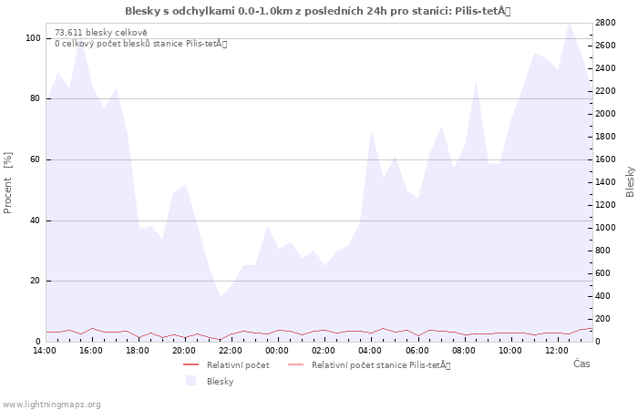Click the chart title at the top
tap(318, 11)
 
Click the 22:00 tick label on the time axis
tap(231, 351)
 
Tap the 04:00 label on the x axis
tap(370, 351)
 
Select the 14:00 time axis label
tap(45, 351)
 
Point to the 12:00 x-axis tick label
tap(556, 351)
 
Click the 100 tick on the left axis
tap(33, 38)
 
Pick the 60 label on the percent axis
tap(36, 159)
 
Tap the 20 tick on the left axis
tap(36, 281)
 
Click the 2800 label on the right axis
tap(605, 23)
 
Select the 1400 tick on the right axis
tap(605, 182)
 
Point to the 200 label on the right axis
tap(602, 319)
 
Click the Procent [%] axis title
tap(7, 182)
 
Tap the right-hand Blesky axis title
tap(630, 182)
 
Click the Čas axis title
tap(581, 364)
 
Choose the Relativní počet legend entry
tap(226, 364)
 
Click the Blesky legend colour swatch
tap(190, 381)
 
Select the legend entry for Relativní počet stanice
tap(369, 364)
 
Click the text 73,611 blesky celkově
tap(101, 33)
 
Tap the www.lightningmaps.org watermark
tap(50, 405)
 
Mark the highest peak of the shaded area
tap(569, 24)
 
